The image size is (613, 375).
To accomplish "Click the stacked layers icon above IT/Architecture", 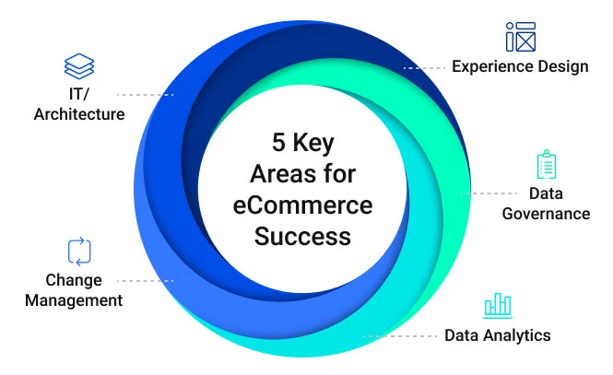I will [x=79, y=67].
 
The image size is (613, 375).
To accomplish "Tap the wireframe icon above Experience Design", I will [x=520, y=36].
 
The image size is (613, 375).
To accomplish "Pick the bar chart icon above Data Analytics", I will [x=498, y=306].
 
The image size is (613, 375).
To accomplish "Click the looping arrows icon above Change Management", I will [x=79, y=252].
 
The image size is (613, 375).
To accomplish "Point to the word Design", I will [x=564, y=66].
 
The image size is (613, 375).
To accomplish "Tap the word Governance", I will [x=547, y=214].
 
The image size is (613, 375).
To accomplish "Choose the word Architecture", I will [x=79, y=114].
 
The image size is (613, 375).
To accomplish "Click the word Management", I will [x=74, y=300].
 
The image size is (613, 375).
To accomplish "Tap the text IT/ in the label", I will [x=79, y=94].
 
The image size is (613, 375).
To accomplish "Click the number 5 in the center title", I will [x=277, y=143].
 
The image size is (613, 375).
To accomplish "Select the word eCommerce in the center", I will [x=301, y=205].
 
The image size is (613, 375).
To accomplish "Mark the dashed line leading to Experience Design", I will [x=425, y=67].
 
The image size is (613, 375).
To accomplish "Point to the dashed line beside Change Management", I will [x=148, y=281].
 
